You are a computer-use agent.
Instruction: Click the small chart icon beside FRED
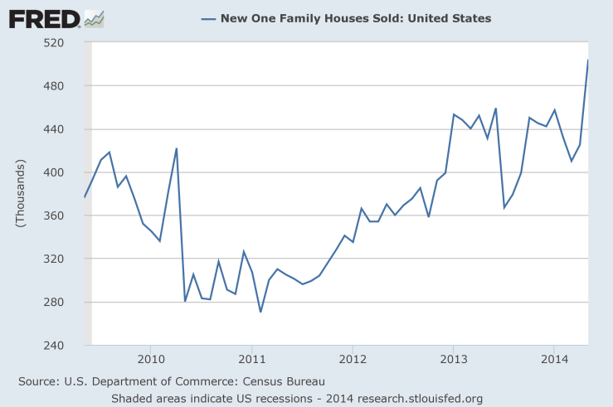[x=95, y=18]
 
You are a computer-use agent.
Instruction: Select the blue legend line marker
[x=207, y=18]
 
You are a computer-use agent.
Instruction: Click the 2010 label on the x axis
[x=151, y=360]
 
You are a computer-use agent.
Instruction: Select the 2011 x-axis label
[x=251, y=360]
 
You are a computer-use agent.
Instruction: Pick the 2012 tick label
[x=353, y=360]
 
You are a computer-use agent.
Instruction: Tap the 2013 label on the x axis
[x=453, y=360]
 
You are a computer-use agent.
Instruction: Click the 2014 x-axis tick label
[x=553, y=360]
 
